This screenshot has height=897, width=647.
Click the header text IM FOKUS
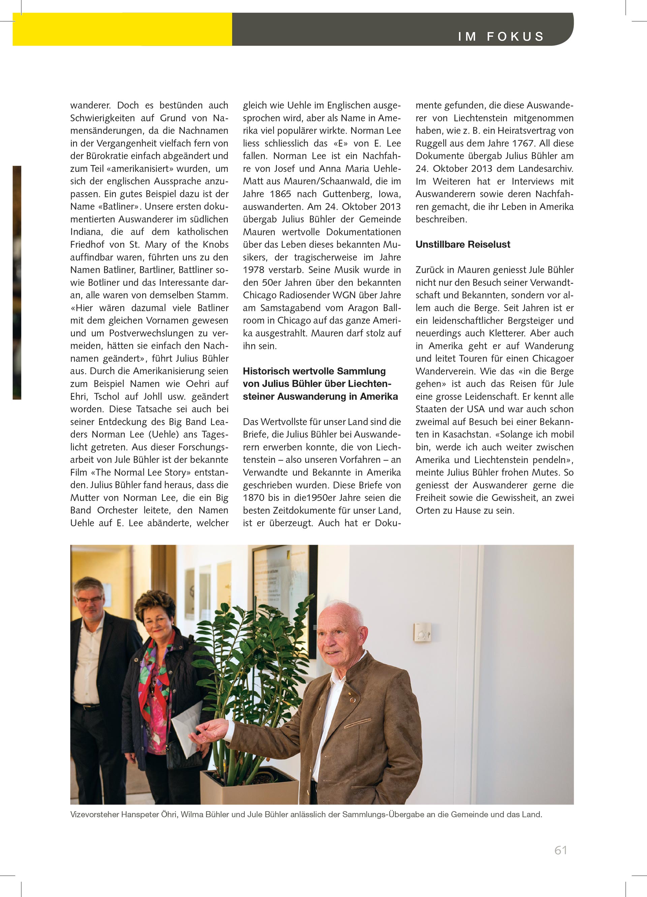click(x=501, y=37)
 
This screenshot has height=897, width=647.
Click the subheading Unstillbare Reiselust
click(x=463, y=245)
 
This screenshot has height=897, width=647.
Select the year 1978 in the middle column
click(x=253, y=270)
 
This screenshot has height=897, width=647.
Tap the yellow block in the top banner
click(x=122, y=29)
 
